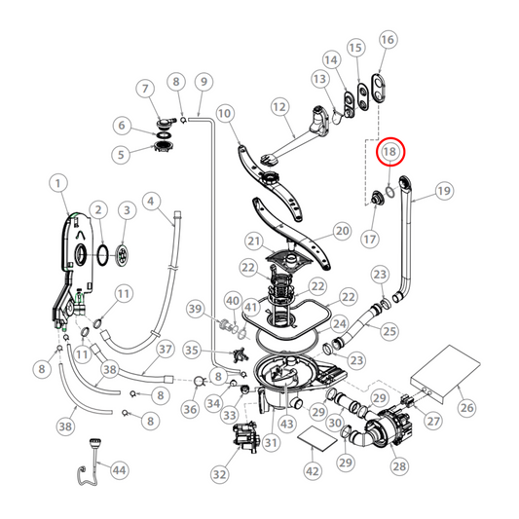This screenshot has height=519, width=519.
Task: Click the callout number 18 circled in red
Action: (390, 151)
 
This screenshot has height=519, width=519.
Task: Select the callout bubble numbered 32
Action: (219, 475)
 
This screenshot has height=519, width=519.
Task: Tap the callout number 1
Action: (57, 182)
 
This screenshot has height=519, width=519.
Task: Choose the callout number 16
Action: (387, 40)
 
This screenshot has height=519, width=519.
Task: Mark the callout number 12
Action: (278, 106)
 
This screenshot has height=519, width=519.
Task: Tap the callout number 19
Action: (444, 191)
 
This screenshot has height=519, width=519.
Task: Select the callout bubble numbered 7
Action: (147, 90)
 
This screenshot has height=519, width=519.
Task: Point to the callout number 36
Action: (190, 409)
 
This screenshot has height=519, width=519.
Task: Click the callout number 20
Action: (342, 231)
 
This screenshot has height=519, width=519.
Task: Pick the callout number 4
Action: (151, 202)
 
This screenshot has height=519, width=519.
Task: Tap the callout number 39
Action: (197, 310)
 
